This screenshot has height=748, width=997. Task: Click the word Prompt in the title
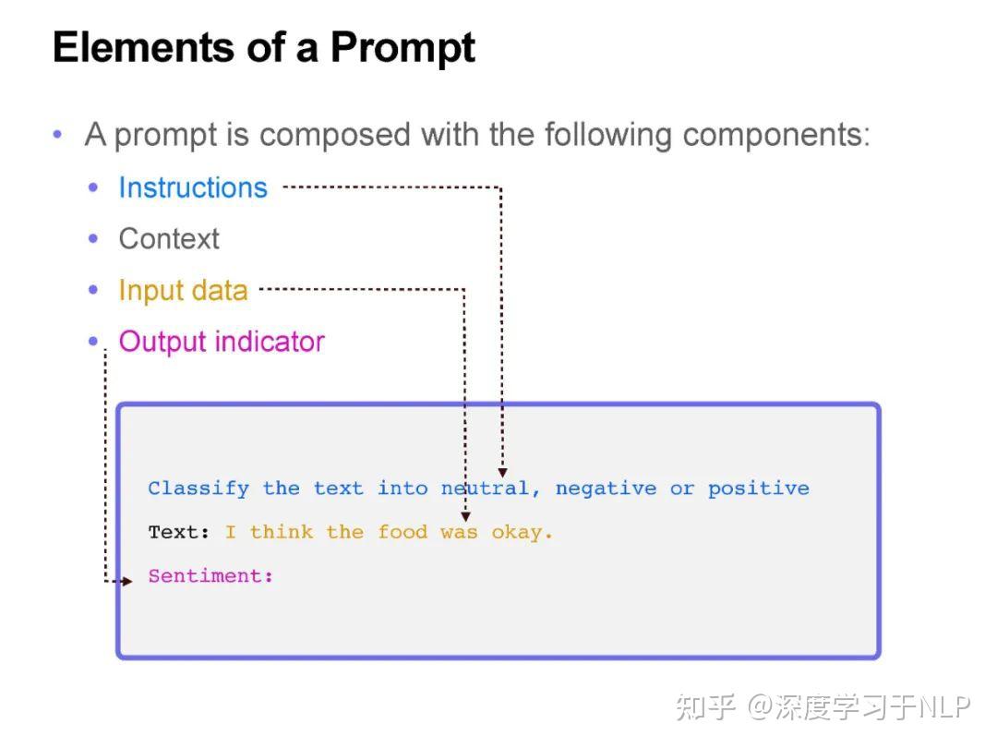coord(402,49)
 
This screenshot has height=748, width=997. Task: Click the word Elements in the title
coord(144,47)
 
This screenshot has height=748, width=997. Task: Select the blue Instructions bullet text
coord(193,187)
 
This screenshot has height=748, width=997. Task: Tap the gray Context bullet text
coord(169,239)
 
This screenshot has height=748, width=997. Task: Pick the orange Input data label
coord(183,291)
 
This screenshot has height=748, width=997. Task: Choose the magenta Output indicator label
coord(222,342)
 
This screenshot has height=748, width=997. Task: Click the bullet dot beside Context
coord(93,239)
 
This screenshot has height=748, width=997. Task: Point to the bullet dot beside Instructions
coord(93,187)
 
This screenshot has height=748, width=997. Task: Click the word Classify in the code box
coord(198,489)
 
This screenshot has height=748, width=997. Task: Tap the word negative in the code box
coord(606,489)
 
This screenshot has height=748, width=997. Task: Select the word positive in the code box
coord(759,489)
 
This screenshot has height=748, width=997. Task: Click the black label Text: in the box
coord(179,532)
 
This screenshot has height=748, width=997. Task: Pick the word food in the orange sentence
coord(402,532)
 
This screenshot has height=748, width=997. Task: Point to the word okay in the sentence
coord(516,533)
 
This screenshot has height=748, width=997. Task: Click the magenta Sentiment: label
coord(210,575)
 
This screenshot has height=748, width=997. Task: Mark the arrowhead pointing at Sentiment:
coord(127,581)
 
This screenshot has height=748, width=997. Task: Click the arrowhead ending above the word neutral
coord(502,473)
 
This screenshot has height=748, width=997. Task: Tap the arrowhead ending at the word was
coord(465,516)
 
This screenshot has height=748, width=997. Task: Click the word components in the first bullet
coord(776,136)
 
